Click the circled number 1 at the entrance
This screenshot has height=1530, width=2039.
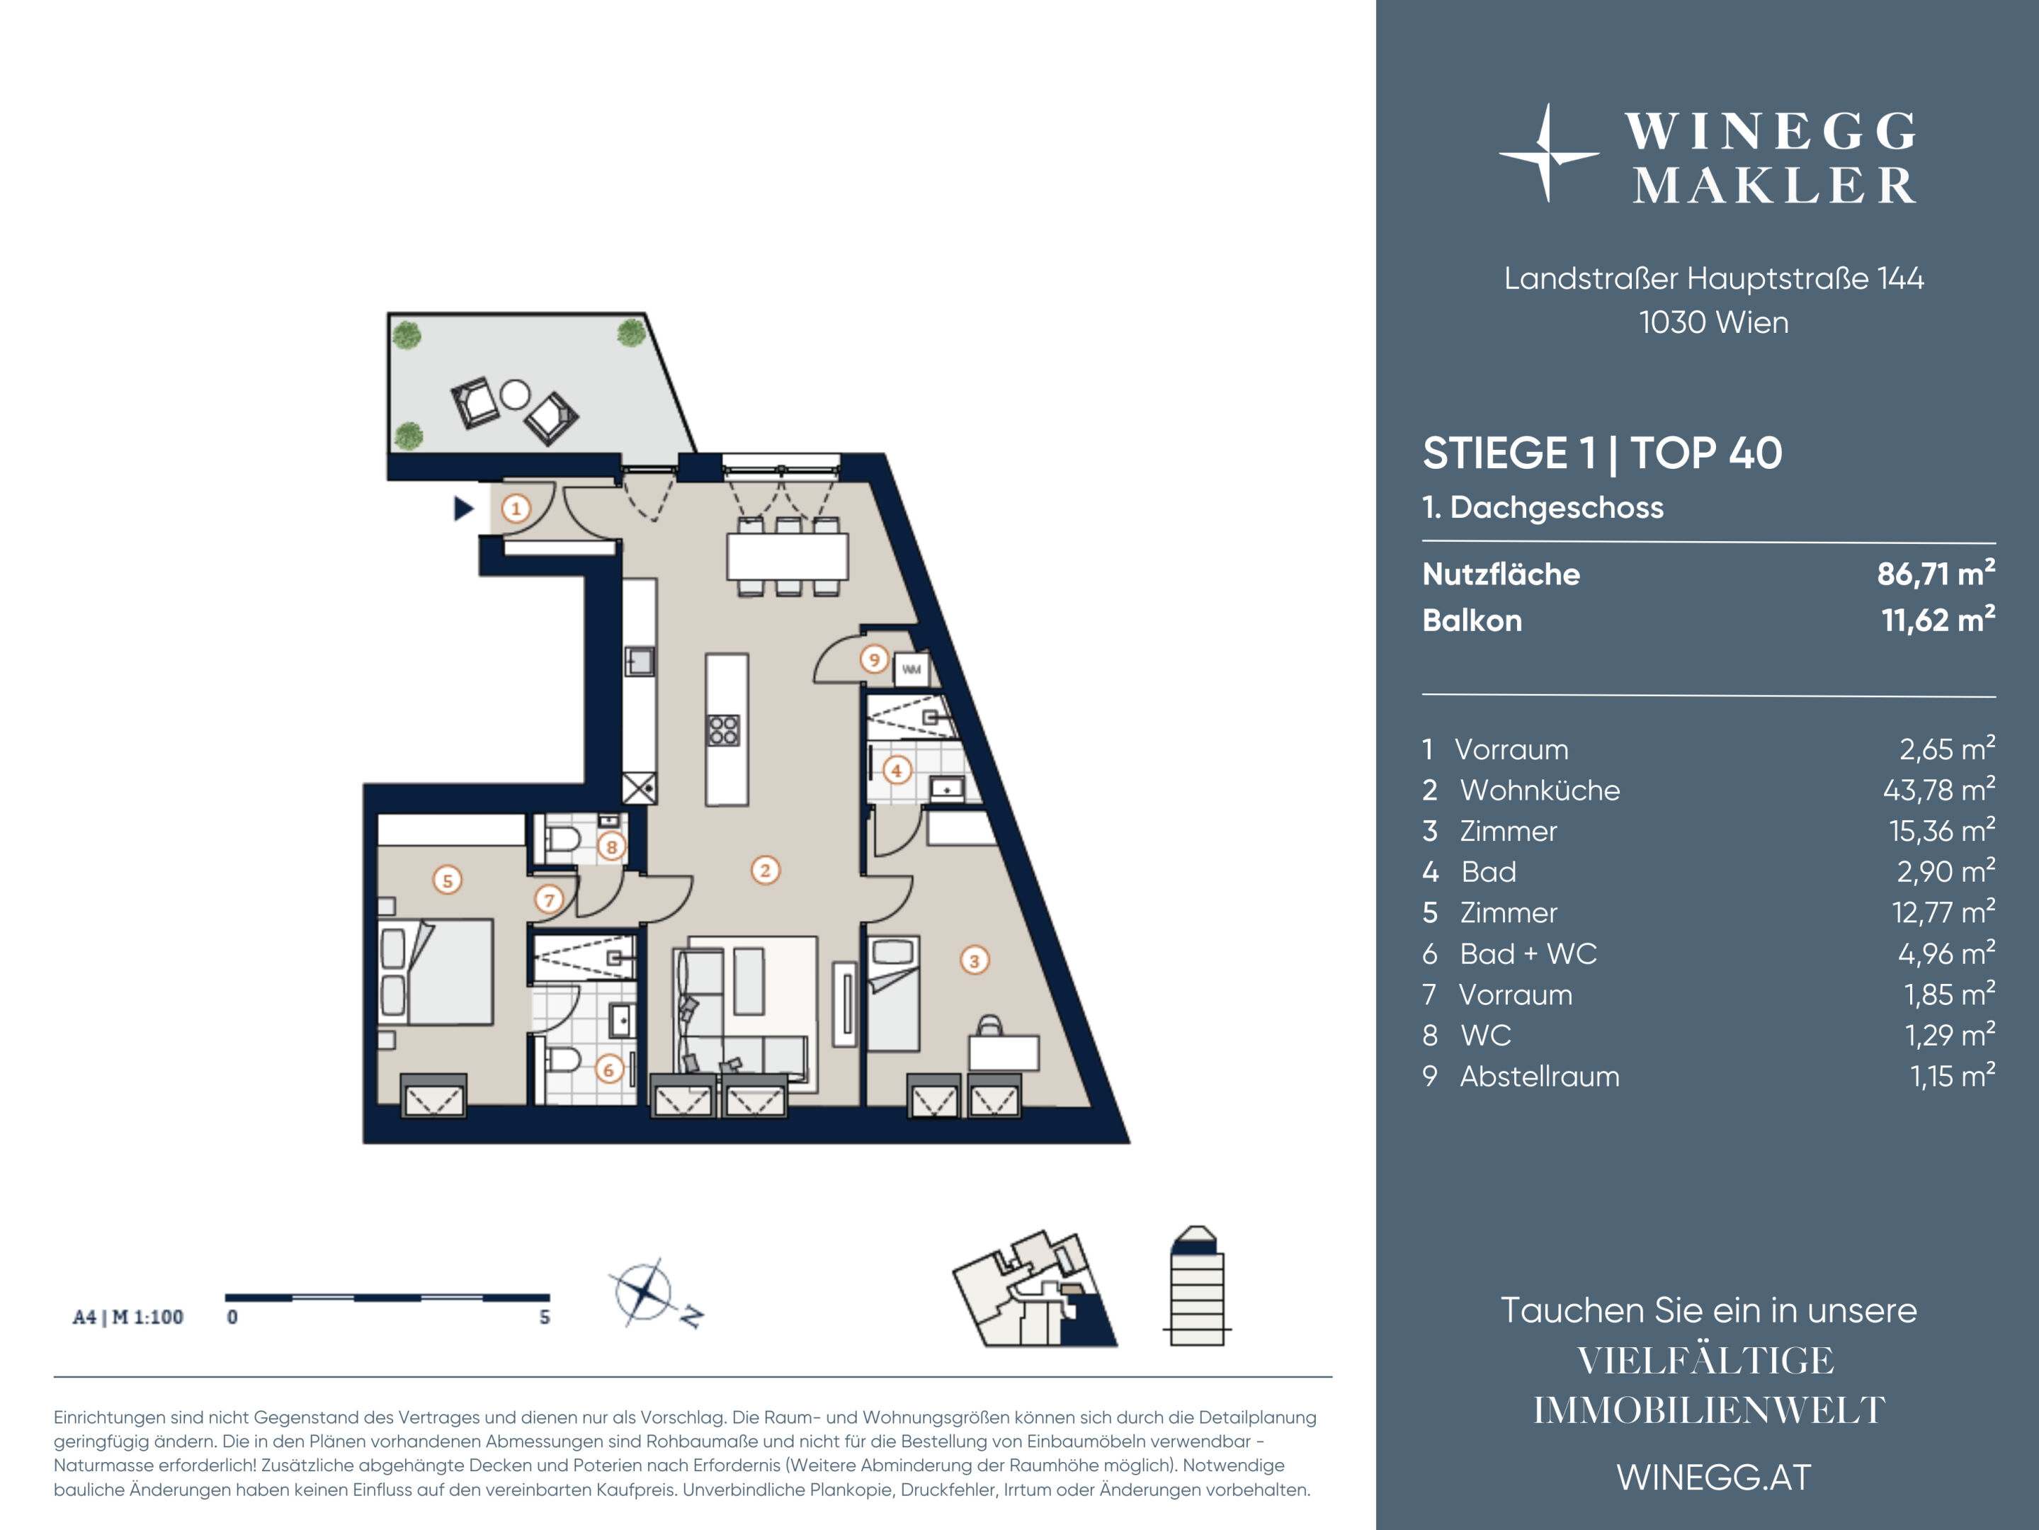pyautogui.click(x=516, y=508)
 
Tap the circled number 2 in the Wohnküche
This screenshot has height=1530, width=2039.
pyautogui.click(x=765, y=870)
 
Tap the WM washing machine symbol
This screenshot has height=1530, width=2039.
pyautogui.click(x=911, y=669)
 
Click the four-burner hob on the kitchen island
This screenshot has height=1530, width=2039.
pyautogui.click(x=724, y=730)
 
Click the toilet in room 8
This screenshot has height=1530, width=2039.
pyautogui.click(x=562, y=839)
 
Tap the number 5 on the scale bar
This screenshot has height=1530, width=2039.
pyautogui.click(x=545, y=1317)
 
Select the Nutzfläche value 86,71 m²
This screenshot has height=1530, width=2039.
pyautogui.click(x=1936, y=573)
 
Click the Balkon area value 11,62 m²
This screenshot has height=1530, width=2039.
pyautogui.click(x=1938, y=619)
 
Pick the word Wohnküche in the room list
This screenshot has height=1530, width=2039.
pyautogui.click(x=1540, y=790)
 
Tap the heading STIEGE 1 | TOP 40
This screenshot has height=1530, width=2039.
pyautogui.click(x=1602, y=453)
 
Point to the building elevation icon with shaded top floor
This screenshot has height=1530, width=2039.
pyautogui.click(x=1196, y=1286)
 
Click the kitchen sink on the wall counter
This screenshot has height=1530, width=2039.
pyautogui.click(x=640, y=661)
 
